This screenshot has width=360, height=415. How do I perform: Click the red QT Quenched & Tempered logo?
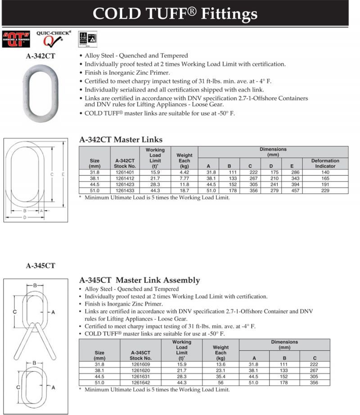pyautogui.click(x=16, y=39)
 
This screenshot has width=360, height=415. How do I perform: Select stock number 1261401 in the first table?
pyautogui.click(x=125, y=172)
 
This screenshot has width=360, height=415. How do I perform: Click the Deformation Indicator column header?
pyautogui.click(x=325, y=163)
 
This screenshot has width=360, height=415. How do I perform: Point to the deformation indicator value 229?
pyautogui.click(x=325, y=191)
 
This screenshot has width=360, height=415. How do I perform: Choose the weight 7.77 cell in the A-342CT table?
pyautogui.click(x=184, y=178)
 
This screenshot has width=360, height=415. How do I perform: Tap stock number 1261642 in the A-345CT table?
pyautogui.click(x=142, y=383)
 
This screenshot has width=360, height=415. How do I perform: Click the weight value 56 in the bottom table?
pyautogui.click(x=220, y=383)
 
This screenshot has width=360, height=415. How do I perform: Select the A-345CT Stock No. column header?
pyautogui.click(x=142, y=356)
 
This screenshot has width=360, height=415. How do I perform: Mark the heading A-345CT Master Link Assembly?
pyautogui.click(x=139, y=280)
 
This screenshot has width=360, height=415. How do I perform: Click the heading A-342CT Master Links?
pyautogui.click(x=121, y=140)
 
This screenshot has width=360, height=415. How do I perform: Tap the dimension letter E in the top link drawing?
pyautogui.click(x=63, y=174)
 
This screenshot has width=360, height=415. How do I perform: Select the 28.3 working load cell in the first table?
pyautogui.click(x=155, y=184)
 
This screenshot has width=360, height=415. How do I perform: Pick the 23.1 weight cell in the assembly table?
pyautogui.click(x=220, y=370)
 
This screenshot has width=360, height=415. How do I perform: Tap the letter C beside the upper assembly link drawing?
pyautogui.click(x=15, y=312)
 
